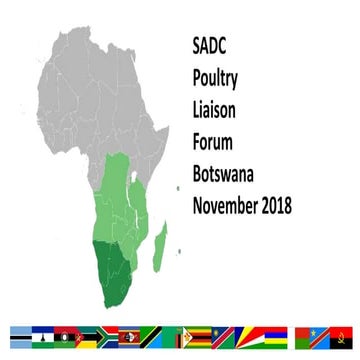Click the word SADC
point(211,46)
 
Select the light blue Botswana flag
point(21,334)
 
